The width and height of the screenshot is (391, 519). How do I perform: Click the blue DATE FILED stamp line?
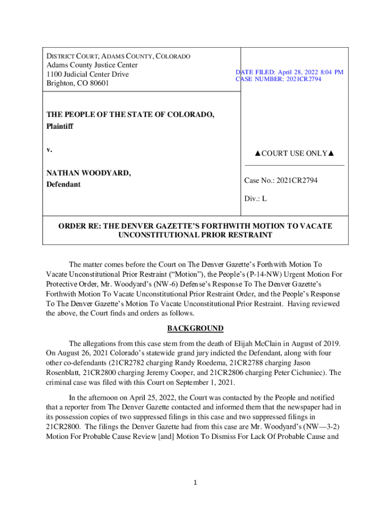point(289,72)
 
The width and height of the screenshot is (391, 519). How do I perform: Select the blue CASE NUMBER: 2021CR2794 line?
point(278,80)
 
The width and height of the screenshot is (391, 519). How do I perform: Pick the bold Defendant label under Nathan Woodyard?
point(63,184)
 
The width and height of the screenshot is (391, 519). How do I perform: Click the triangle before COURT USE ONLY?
point(258,154)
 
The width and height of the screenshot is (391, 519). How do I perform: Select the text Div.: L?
point(255,199)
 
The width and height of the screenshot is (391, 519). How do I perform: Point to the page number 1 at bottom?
point(195,483)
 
